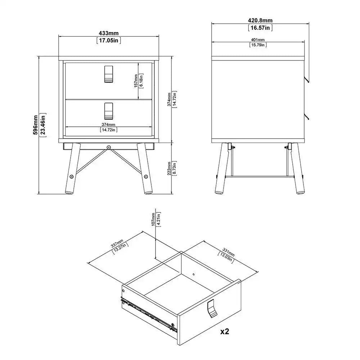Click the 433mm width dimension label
108,33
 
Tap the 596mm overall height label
36,125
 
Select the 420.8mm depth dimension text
260,20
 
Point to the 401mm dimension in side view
257,40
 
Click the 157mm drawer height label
136,81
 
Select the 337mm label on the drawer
118,244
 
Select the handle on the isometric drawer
212,309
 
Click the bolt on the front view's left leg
72,176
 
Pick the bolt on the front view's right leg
145,176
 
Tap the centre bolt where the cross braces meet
108,147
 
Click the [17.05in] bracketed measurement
108,40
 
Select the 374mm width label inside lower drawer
108,125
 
